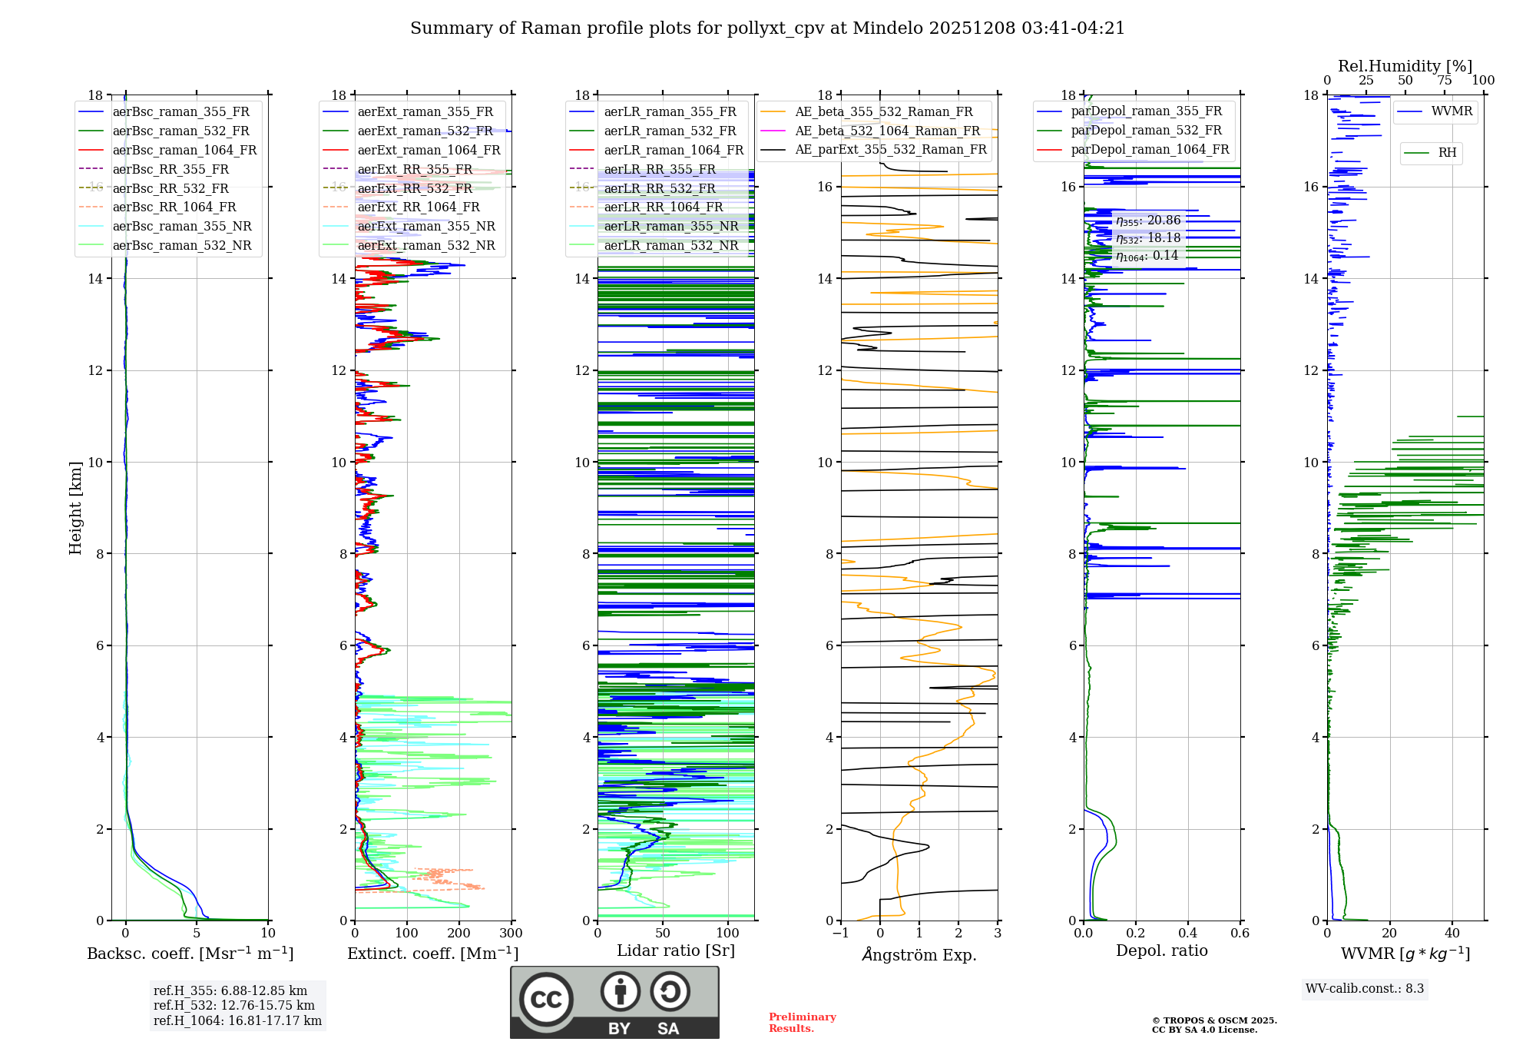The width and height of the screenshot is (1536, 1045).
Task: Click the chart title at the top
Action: pyautogui.click(x=767, y=28)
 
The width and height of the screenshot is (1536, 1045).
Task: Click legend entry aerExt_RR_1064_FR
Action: pyautogui.click(x=418, y=207)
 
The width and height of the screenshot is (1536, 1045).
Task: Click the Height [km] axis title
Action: pyautogui.click(x=75, y=507)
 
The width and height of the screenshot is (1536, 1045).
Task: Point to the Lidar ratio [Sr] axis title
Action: pyautogui.click(x=676, y=951)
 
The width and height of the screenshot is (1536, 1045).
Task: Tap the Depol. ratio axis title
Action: pyautogui.click(x=1161, y=951)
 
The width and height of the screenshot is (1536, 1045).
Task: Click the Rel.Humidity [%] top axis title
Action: pyautogui.click(x=1405, y=66)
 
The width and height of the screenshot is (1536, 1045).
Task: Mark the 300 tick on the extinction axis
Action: pyautogui.click(x=511, y=934)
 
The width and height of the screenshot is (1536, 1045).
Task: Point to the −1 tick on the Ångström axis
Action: pyautogui.click(x=841, y=934)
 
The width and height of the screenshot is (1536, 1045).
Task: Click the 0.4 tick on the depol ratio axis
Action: pyautogui.click(x=1187, y=934)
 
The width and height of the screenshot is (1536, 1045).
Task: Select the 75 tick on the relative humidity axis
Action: pyautogui.click(x=1445, y=81)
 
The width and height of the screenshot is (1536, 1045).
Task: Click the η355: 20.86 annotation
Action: pyautogui.click(x=1148, y=221)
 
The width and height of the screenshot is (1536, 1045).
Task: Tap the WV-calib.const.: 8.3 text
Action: pyautogui.click(x=1365, y=989)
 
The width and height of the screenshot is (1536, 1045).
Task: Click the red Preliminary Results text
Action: pyautogui.click(x=802, y=1023)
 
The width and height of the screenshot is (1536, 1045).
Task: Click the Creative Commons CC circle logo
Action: pyautogui.click(x=546, y=1000)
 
